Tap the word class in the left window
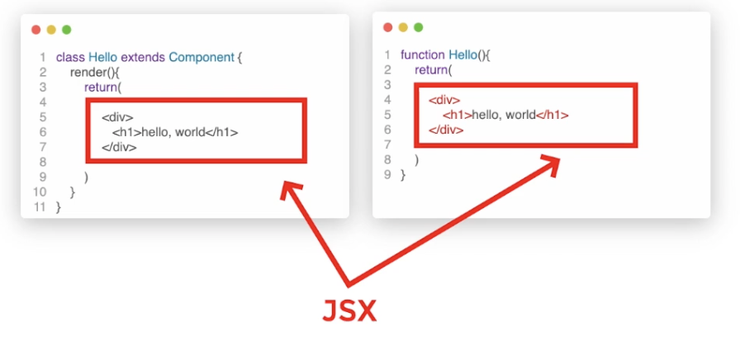click(x=70, y=58)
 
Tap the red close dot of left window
click(x=36, y=30)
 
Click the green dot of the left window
click(x=66, y=30)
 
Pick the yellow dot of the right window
click(x=403, y=27)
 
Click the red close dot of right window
click(x=388, y=27)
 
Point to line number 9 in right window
click(x=387, y=175)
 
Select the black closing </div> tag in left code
click(x=119, y=147)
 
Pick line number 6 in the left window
click(x=42, y=132)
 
